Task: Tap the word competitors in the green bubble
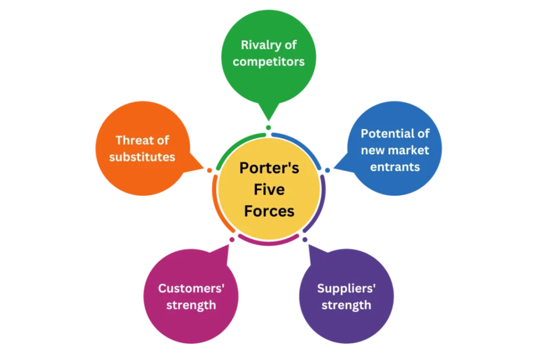[x=268, y=62]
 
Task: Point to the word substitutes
[x=142, y=157]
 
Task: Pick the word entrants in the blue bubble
[x=395, y=167]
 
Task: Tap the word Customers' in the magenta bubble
[x=191, y=289]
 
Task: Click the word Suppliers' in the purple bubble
[x=346, y=289]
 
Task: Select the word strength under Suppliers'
[x=346, y=305]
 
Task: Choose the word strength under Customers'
[x=191, y=305]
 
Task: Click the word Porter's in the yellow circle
[x=269, y=168]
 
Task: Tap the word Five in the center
[x=269, y=189]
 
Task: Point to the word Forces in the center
[x=269, y=210]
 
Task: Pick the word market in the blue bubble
[x=410, y=151]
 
